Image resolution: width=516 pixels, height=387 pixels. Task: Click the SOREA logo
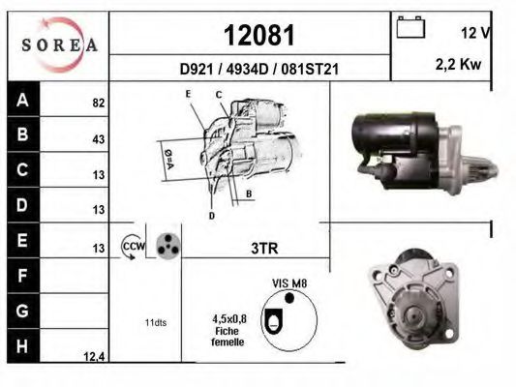pyautogui.click(x=59, y=45)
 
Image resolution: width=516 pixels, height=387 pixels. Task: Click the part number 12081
pyautogui.click(x=259, y=35)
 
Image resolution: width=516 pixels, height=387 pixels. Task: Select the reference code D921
pyautogui.click(x=197, y=69)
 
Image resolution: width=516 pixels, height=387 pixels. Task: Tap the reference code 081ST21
pyautogui.click(x=310, y=69)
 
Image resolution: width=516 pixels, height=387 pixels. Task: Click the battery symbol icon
pyautogui.click(x=410, y=27)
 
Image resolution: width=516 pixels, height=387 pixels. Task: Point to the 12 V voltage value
pyautogui.click(x=475, y=33)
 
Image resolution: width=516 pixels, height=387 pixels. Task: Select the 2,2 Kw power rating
pyautogui.click(x=459, y=64)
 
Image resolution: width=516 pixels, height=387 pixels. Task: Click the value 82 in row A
pyautogui.click(x=99, y=103)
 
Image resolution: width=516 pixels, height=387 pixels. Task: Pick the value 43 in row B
pyautogui.click(x=99, y=139)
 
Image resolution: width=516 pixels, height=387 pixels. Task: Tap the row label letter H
pyautogui.click(x=22, y=346)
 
